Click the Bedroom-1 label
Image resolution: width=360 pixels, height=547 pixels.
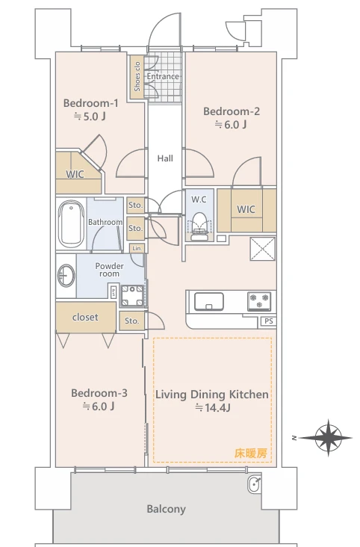click(x=90, y=103)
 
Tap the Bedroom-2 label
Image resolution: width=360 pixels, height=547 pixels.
click(x=232, y=111)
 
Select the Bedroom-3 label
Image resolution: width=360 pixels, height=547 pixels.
click(x=99, y=393)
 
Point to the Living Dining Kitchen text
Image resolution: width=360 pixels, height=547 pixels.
click(x=212, y=395)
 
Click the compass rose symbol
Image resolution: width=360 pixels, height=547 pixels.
click(x=328, y=437)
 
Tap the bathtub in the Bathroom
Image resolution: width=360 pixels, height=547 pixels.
click(x=72, y=223)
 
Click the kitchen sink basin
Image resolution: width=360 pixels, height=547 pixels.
click(x=209, y=301)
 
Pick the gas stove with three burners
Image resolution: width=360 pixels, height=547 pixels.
click(x=259, y=301)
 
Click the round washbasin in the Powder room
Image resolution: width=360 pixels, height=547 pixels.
click(x=66, y=276)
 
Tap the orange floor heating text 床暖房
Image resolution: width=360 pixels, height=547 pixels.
click(x=251, y=453)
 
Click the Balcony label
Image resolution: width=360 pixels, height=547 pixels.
click(x=166, y=509)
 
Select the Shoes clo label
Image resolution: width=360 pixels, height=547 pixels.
click(x=137, y=76)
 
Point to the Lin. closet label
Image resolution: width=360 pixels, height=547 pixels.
click(x=137, y=248)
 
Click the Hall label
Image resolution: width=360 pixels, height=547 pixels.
click(x=165, y=158)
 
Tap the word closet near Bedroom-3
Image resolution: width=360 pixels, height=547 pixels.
click(x=85, y=317)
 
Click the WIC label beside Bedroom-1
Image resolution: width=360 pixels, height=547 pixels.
click(x=75, y=173)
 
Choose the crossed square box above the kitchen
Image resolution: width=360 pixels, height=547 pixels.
click(x=263, y=249)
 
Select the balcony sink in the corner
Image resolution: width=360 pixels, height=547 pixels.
click(x=254, y=484)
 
